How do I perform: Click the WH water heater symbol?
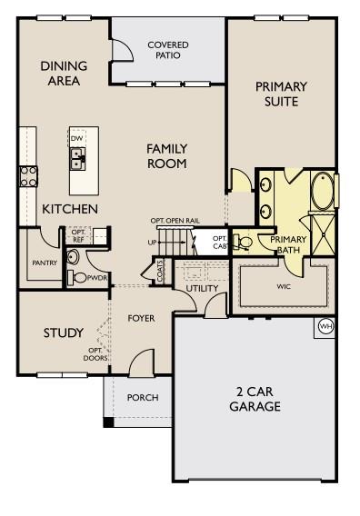[x=325, y=325]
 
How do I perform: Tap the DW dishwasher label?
[x=76, y=138]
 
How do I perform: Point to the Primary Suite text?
[x=281, y=94]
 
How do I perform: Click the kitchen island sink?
[x=78, y=160]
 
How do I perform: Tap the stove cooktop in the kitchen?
[x=26, y=175]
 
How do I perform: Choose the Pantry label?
[x=44, y=263]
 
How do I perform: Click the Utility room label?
[x=202, y=288]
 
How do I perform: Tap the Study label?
[x=64, y=332]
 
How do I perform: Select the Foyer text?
[x=141, y=318]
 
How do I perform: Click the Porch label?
[x=143, y=397]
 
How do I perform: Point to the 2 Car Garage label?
[x=254, y=399]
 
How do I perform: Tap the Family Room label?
[x=166, y=155]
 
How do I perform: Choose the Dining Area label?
[x=64, y=73]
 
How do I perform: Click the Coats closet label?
[x=160, y=272]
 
